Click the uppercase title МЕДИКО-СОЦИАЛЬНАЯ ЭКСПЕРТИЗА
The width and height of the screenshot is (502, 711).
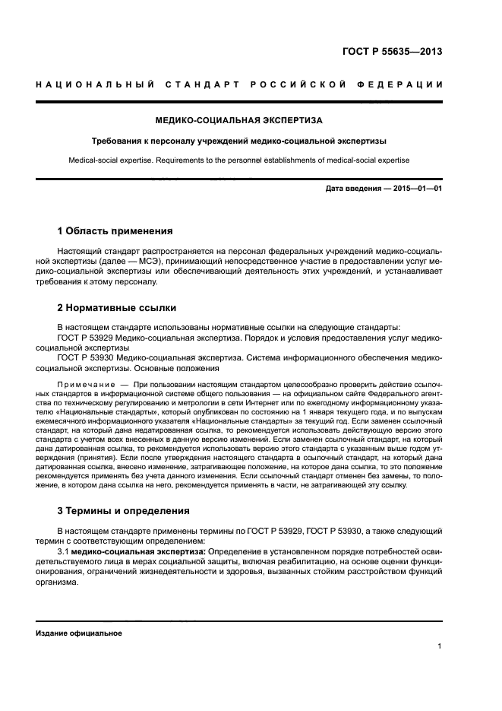pyautogui.click(x=238, y=120)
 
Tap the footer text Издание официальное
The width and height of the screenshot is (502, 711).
pyautogui.click(x=79, y=633)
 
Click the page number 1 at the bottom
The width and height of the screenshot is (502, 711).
pyautogui.click(x=440, y=646)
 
